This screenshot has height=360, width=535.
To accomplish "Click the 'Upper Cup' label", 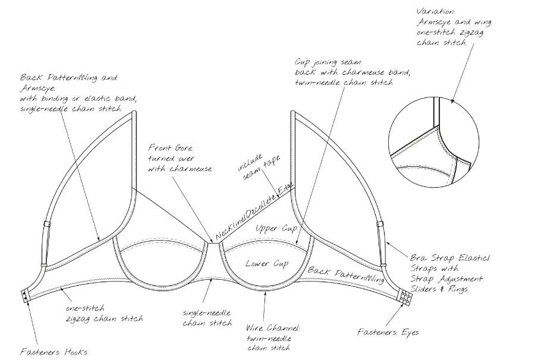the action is pos(276,228).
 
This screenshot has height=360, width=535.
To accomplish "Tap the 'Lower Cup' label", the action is pos(267,263).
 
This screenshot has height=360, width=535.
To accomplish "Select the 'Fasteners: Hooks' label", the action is pos(53,352).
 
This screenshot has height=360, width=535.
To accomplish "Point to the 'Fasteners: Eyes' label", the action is pos(388,331).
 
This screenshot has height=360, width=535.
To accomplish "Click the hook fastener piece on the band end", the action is pos(25,296).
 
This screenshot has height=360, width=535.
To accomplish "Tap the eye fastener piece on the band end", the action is pos(407,297).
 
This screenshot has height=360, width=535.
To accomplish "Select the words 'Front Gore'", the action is pos(170,148).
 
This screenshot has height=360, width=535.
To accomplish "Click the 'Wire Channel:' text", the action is pos(273,328).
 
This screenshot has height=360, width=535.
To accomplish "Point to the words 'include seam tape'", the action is pos(259,167).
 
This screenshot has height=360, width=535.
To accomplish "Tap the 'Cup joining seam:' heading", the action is pos(328,62).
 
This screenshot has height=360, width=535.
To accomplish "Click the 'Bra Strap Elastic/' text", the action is pos(450,257).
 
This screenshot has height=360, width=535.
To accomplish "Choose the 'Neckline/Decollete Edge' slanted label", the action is pos(254,211).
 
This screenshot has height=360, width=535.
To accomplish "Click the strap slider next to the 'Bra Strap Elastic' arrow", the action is pos(380,225).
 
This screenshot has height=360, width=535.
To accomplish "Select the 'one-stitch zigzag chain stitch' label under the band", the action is pos(104,313).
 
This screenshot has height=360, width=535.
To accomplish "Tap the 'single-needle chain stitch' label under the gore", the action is pos(207,317).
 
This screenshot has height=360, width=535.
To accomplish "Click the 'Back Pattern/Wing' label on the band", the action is pos(346,275).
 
